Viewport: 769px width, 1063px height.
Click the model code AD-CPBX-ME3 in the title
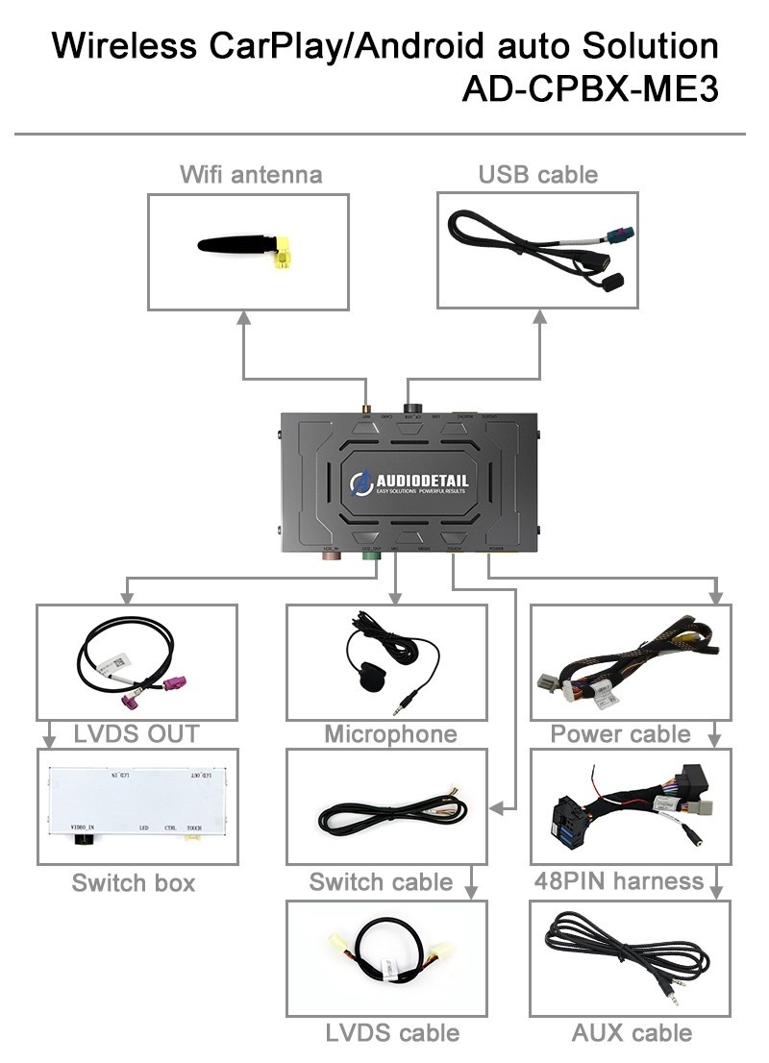click(x=589, y=87)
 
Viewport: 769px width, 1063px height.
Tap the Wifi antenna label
click(x=250, y=174)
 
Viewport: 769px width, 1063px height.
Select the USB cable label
click(x=537, y=174)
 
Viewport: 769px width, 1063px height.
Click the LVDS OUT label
click(x=136, y=734)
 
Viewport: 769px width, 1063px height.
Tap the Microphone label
click(x=390, y=734)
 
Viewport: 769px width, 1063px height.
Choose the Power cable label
click(x=620, y=734)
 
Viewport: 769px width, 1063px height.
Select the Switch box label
click(x=134, y=882)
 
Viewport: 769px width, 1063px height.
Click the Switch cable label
click(x=381, y=882)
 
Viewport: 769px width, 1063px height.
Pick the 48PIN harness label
click(x=619, y=880)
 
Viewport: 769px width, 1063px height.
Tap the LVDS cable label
click(x=392, y=1033)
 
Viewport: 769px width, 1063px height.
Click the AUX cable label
click(x=632, y=1033)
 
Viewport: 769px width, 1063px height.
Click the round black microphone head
click(x=367, y=672)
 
